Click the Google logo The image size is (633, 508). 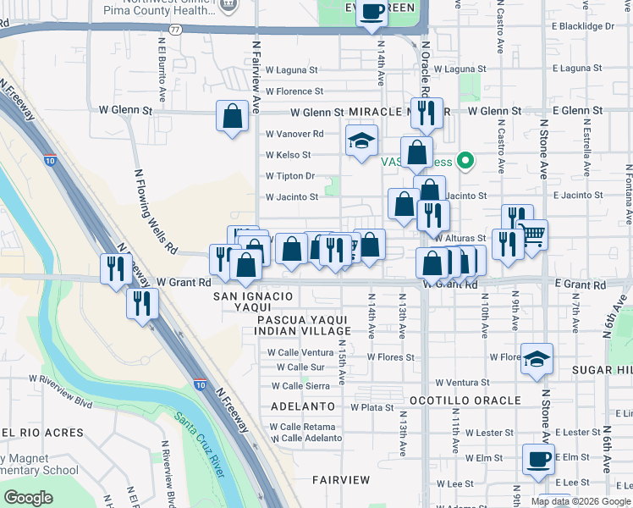coord(29,498)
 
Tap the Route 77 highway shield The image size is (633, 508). coord(175,29)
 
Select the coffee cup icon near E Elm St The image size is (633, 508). coord(537,460)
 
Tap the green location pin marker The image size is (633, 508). coord(464,160)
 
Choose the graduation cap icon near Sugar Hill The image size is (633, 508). coord(537,360)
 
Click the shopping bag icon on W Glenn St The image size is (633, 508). coord(232,117)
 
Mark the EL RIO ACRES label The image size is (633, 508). coord(42,433)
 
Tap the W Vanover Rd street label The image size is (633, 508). coord(294,134)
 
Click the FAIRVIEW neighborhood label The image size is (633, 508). coord(340,480)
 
